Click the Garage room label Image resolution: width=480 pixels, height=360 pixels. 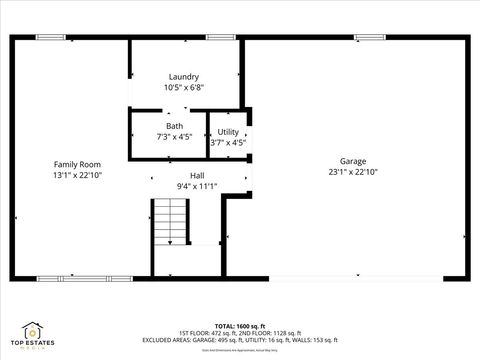[352, 161]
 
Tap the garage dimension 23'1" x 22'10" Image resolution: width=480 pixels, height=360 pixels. [352, 172]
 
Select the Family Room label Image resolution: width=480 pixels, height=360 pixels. [77, 163]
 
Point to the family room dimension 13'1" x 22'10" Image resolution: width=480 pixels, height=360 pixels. [77, 174]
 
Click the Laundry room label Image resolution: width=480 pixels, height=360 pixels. [183, 76]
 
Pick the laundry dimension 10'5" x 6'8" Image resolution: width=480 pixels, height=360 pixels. [183, 87]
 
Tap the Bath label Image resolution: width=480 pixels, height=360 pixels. [174, 126]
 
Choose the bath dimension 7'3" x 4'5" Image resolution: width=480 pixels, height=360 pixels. [174, 137]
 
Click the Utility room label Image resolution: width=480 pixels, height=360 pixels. [228, 131]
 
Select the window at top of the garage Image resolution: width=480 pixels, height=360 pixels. [369, 37]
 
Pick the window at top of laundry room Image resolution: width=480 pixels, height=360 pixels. [220, 37]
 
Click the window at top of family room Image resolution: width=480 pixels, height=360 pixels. [51, 37]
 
